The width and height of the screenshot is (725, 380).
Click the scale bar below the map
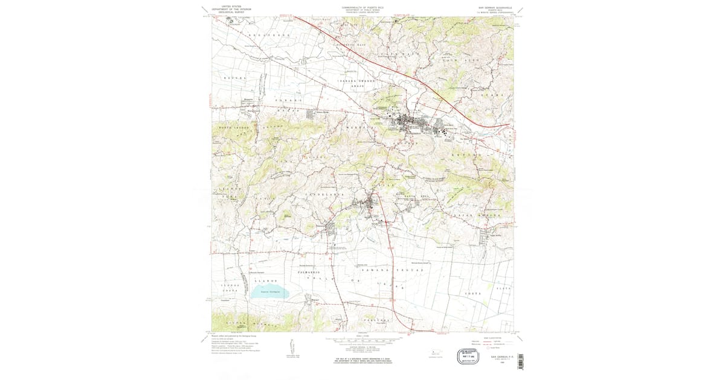362,341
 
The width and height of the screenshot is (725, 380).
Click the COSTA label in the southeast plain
472,293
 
